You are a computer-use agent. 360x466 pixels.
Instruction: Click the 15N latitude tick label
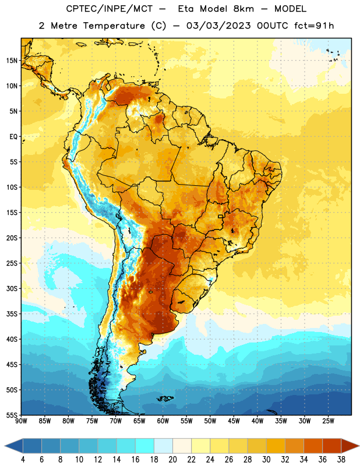[12, 61]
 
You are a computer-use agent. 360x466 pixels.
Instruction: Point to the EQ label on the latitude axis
[13, 137]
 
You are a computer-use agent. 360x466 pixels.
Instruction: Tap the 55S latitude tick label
[12, 415]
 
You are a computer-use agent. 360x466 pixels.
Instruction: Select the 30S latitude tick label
[12, 288]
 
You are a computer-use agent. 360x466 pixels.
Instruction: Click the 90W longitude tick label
[21, 421]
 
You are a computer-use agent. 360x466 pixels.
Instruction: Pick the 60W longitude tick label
[163, 421]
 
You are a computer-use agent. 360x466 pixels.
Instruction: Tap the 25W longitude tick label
[328, 421]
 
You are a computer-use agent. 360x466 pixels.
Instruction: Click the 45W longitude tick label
[234, 421]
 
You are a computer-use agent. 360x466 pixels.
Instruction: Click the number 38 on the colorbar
[341, 460]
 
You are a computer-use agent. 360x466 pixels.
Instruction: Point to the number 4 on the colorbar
[23, 460]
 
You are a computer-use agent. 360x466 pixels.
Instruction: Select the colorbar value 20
[172, 460]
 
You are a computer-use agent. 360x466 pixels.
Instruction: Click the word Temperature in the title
[114, 26]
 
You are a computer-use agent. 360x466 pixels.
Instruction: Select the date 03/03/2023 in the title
[218, 26]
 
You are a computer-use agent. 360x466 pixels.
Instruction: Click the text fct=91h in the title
[314, 26]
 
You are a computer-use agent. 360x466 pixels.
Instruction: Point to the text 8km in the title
[243, 9]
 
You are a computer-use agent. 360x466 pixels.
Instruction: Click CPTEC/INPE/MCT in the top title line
[110, 9]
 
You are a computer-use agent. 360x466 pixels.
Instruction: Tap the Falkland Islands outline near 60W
[165, 398]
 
